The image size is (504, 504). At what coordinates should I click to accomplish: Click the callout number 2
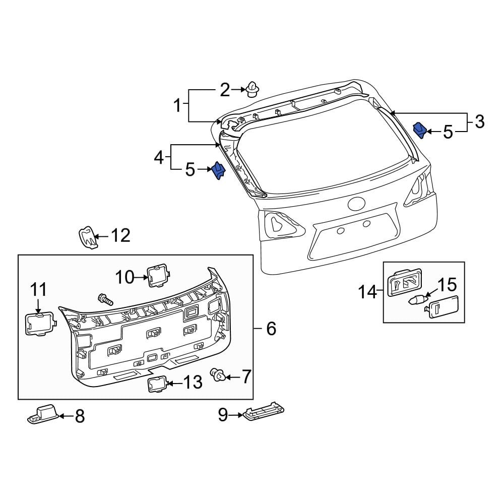[224, 90]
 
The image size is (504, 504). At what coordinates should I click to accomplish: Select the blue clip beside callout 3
[420, 130]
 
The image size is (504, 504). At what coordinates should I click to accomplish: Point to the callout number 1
[177, 106]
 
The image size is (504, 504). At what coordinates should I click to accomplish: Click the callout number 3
[479, 121]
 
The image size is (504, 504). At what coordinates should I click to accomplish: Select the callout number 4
[159, 158]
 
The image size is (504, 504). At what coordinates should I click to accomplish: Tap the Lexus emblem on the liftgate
[357, 205]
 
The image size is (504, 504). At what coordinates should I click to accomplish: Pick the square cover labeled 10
[157, 275]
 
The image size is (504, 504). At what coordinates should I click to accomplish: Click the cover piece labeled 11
[38, 323]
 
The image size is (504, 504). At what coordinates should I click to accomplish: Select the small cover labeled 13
[157, 384]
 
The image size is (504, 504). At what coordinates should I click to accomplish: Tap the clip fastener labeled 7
[218, 375]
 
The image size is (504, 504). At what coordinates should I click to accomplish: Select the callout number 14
[368, 291]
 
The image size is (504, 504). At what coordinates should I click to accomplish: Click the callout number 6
[271, 329]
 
